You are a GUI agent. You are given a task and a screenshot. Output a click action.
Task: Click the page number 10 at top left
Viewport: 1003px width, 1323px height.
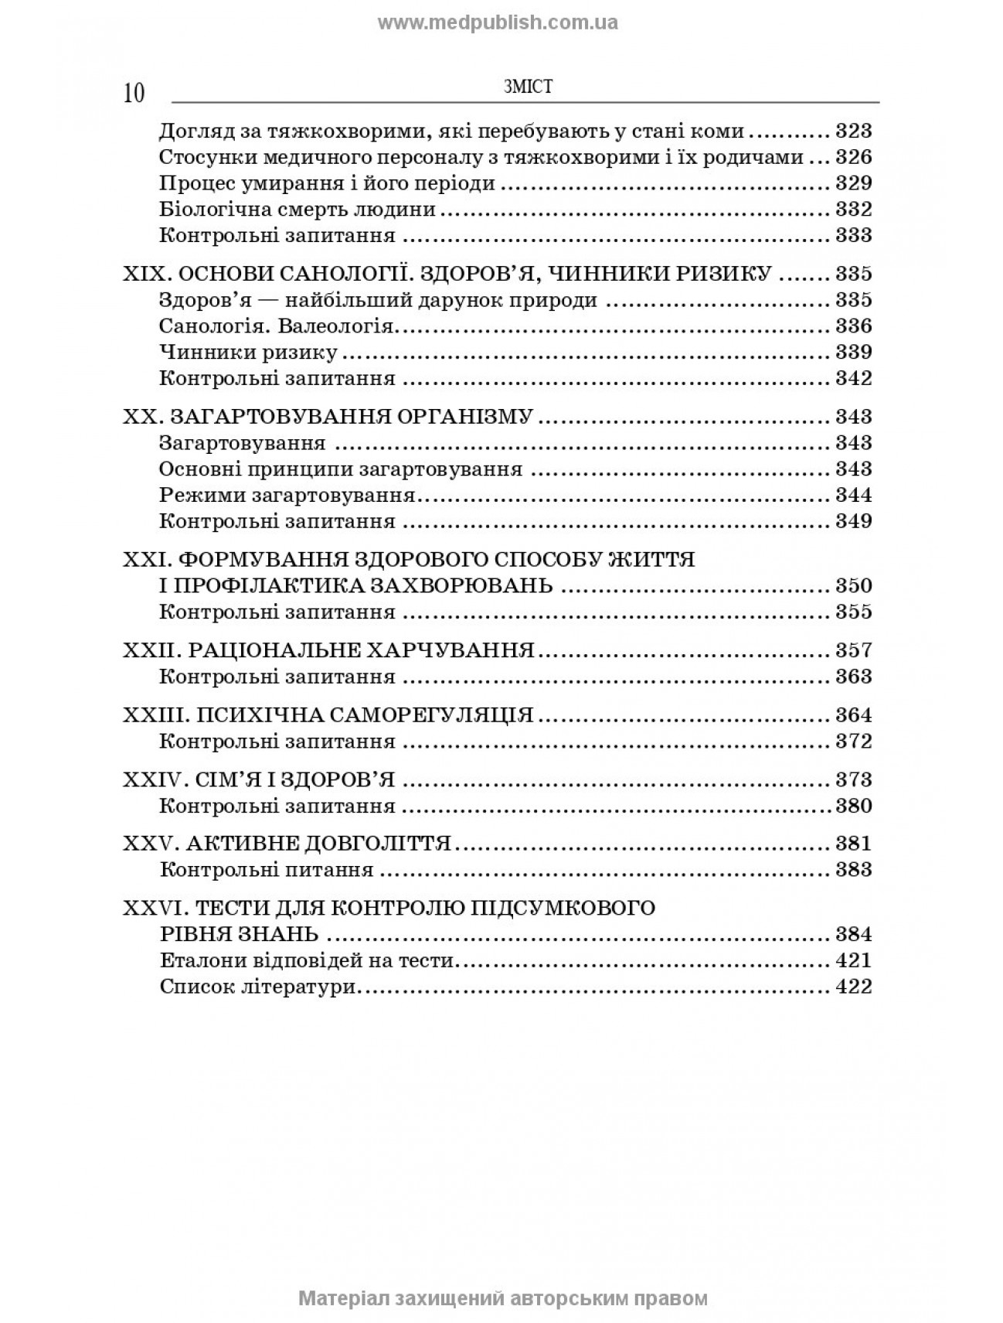click(133, 93)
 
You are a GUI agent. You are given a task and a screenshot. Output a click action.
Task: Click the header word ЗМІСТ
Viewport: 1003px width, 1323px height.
click(527, 87)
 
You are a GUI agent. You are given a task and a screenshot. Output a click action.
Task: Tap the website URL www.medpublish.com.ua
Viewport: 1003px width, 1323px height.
click(498, 22)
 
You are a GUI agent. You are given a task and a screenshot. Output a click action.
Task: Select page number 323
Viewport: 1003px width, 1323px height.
click(853, 131)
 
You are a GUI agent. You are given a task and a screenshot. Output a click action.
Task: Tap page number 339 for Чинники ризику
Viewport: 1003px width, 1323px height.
click(853, 352)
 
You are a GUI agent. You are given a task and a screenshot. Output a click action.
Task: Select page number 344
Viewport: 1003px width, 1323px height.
click(853, 495)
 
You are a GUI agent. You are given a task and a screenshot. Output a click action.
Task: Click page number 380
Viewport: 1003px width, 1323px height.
click(853, 806)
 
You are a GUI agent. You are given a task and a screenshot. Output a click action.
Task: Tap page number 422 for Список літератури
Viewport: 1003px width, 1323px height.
click(853, 987)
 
